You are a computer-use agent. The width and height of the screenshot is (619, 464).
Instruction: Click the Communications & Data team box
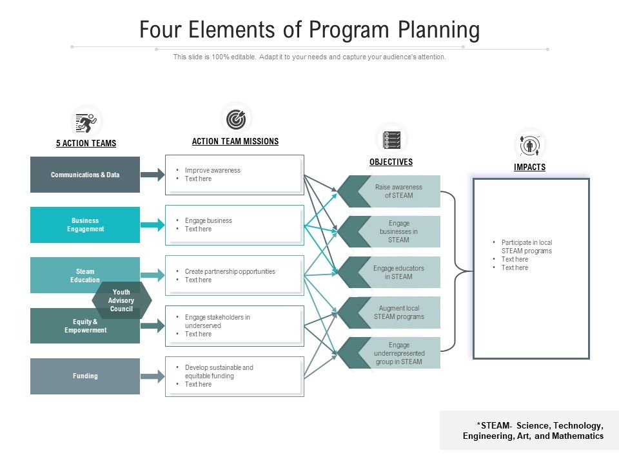tap(85, 175)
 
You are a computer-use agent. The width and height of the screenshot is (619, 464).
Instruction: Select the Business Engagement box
tap(85, 225)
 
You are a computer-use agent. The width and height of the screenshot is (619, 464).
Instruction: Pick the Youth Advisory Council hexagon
tap(122, 300)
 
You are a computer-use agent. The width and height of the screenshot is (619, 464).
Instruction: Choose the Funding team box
tap(85, 376)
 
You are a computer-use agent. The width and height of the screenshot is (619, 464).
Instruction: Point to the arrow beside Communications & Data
tap(153, 175)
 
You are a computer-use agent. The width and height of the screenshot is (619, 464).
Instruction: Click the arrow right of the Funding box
tap(153, 376)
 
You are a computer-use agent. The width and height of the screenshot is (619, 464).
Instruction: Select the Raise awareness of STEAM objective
tap(398, 191)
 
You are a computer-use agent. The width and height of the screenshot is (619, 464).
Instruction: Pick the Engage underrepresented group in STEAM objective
tap(398, 353)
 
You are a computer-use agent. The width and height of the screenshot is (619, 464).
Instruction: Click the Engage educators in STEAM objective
tap(398, 273)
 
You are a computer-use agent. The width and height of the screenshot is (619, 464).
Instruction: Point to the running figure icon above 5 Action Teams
tap(86, 121)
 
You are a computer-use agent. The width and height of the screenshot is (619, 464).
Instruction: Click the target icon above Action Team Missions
tap(236, 119)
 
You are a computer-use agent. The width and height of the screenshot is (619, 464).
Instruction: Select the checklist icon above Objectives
tap(391, 139)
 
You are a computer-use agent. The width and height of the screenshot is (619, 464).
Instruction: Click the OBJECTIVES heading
tap(391, 162)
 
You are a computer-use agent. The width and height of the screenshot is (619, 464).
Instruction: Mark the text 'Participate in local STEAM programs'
tap(526, 247)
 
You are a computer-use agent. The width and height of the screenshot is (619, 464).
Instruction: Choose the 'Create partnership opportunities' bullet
tap(230, 271)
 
